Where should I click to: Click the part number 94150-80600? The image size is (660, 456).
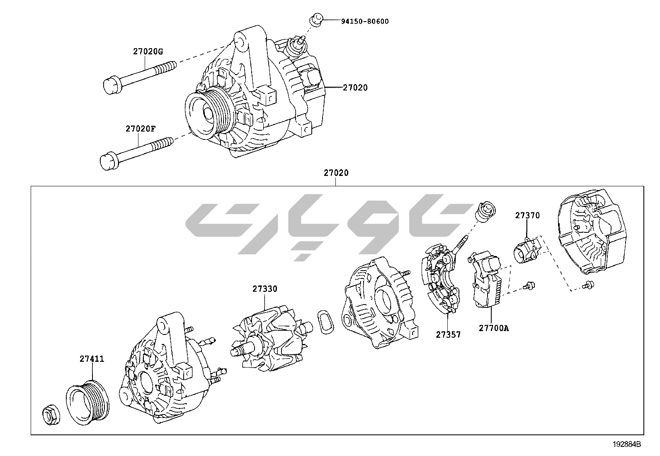click(x=365, y=21)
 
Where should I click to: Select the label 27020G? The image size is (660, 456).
click(x=148, y=51)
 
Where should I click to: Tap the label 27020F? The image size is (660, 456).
click(x=141, y=129)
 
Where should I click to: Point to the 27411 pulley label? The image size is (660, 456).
click(x=92, y=359)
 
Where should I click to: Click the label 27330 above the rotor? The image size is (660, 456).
click(x=265, y=289)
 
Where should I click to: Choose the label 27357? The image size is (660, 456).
click(x=448, y=334)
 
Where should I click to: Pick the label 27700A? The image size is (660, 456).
click(x=493, y=328)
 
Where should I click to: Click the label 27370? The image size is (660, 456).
click(x=527, y=215)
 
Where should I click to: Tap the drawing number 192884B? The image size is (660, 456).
click(x=627, y=444)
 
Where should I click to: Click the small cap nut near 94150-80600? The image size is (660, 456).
click(x=316, y=20)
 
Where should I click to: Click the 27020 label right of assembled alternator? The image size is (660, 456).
click(x=355, y=88)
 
